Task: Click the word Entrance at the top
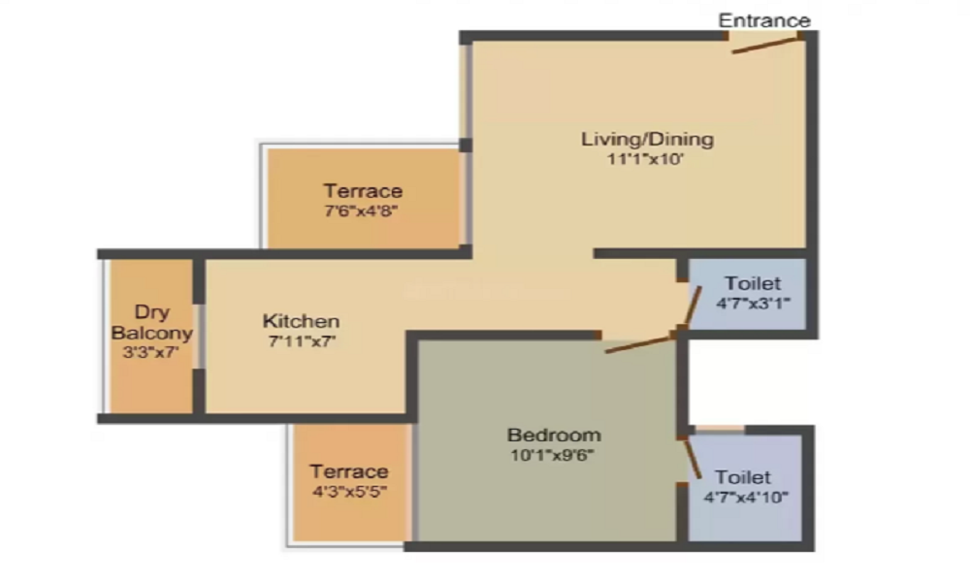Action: tap(763, 19)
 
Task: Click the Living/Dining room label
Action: tap(647, 139)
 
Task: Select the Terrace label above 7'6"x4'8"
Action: tap(363, 190)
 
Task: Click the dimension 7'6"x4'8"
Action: tap(363, 210)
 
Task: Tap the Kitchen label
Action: tap(301, 320)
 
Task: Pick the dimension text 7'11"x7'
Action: tap(301, 340)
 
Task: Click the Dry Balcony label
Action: tap(151, 322)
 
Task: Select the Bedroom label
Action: tap(554, 434)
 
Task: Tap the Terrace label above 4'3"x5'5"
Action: tap(349, 471)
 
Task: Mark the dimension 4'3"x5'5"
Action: tap(349, 492)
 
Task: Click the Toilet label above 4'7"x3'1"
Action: tap(752, 283)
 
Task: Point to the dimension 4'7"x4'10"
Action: tap(745, 498)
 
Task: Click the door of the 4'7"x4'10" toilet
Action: tap(693, 456)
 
